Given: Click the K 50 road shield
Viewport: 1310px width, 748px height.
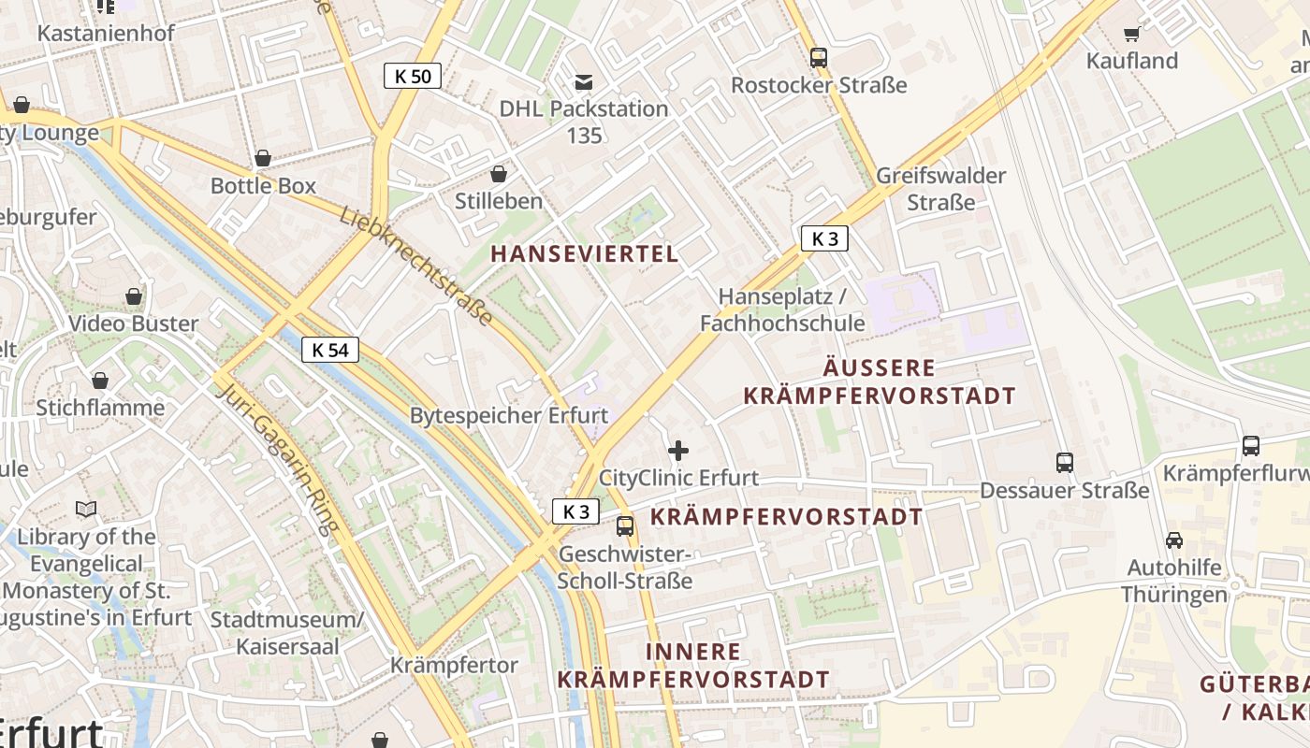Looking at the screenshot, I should pos(413,77).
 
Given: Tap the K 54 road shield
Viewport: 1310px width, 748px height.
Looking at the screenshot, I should pos(330,351).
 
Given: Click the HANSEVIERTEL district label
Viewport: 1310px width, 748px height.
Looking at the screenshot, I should pos(584,253).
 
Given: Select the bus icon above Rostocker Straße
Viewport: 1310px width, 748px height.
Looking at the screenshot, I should pos(819,58).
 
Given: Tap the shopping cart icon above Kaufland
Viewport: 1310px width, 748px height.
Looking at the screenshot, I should pos(1131,35).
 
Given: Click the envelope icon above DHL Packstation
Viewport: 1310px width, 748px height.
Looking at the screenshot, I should pos(584,82).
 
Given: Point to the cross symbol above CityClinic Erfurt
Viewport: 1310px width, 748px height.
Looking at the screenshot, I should pos(678,452).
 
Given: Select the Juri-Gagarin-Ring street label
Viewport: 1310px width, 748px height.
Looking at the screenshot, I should pos(277,457).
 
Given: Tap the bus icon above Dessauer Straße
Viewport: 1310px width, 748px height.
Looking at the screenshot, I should pos(1064,462).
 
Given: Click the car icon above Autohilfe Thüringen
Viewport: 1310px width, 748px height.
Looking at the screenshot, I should pos(1173,539).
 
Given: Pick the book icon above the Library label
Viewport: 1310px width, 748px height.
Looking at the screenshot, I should pos(86,510).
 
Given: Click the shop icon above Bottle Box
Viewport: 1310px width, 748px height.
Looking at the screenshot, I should pos(263,158).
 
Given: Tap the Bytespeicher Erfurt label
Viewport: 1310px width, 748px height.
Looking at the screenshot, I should pos(509,415).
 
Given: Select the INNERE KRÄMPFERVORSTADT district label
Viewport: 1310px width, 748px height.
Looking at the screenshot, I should pos(693,666).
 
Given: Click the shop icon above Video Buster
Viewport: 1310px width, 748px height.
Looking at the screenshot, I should pos(134,296).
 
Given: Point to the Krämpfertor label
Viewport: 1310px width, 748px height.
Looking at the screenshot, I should pos(454,666).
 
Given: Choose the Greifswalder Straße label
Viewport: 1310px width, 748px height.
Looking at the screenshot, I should pos(940,189).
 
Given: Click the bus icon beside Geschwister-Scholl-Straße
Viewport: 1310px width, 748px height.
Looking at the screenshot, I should pos(625,526).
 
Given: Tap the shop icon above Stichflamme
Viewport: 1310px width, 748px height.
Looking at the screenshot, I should pos(100,381).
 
